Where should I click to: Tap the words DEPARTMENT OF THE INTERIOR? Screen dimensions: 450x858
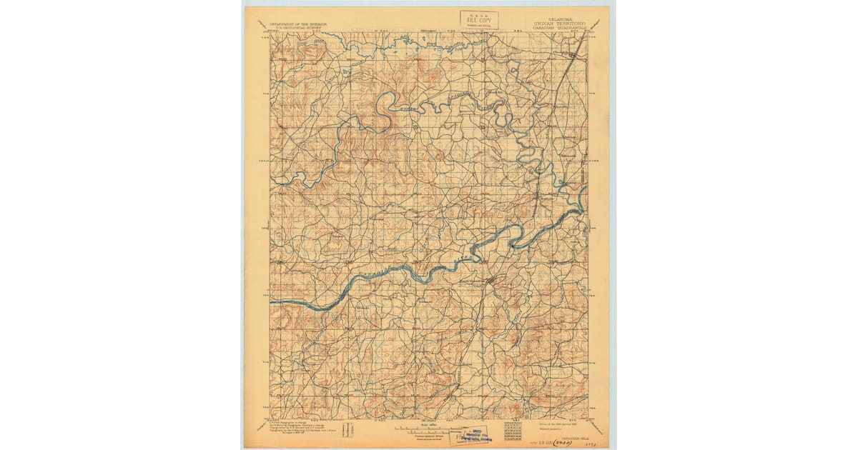click(x=298, y=24)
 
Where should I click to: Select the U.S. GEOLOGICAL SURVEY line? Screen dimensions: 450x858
click(x=298, y=28)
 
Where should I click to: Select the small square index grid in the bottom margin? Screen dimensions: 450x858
click(x=513, y=430)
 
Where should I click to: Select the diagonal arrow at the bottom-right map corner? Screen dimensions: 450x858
click(x=595, y=428)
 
